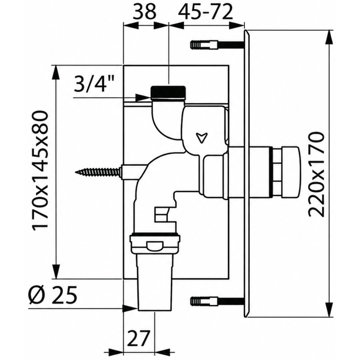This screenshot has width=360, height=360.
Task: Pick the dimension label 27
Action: click(139, 338)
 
